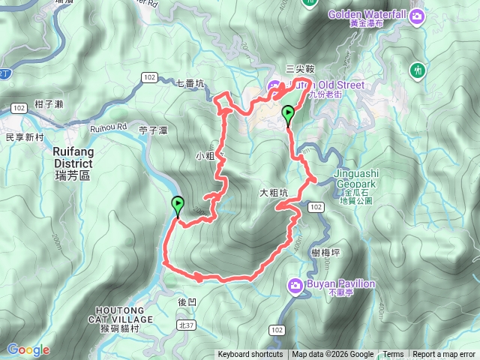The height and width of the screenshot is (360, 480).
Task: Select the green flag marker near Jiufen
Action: (289, 115)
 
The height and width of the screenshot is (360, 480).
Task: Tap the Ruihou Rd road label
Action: (109, 127)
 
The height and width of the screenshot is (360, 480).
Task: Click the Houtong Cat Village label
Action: (124, 314)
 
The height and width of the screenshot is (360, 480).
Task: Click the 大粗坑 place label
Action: (274, 193)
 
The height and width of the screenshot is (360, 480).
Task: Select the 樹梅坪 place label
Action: (325, 253)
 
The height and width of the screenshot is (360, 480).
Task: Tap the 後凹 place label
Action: (187, 301)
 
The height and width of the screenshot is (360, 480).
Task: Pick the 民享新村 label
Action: (25, 138)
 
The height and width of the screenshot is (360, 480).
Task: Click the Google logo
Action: (28, 349)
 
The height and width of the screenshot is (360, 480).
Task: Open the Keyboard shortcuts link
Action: (250, 355)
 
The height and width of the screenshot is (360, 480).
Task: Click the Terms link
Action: (393, 355)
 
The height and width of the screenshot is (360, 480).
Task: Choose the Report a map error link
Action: (445, 355)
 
